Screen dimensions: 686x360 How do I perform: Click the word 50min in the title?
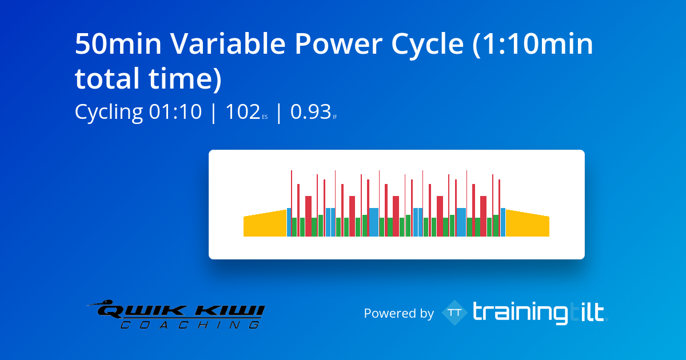pos(118,44)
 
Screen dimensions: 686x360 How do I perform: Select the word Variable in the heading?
pos(228,44)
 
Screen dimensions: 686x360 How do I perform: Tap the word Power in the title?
pos(338,44)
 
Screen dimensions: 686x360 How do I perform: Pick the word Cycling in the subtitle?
pos(109,113)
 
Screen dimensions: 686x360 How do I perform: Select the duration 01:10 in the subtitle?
pos(175,112)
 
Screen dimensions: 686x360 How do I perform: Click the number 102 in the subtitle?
pos(243,112)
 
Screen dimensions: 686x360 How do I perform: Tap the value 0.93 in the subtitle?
pos(310,112)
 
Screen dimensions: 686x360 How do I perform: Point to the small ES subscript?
pos(265,117)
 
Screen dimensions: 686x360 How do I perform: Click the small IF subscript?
pos(335,117)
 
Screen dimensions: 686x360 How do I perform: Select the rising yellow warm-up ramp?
pos(265,225)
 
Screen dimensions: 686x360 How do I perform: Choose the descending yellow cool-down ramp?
pos(527,225)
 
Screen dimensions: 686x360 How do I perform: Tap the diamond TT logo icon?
pos(455,313)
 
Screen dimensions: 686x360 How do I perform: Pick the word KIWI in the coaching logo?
pos(230,311)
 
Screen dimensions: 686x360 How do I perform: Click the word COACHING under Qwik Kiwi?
pos(190,325)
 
